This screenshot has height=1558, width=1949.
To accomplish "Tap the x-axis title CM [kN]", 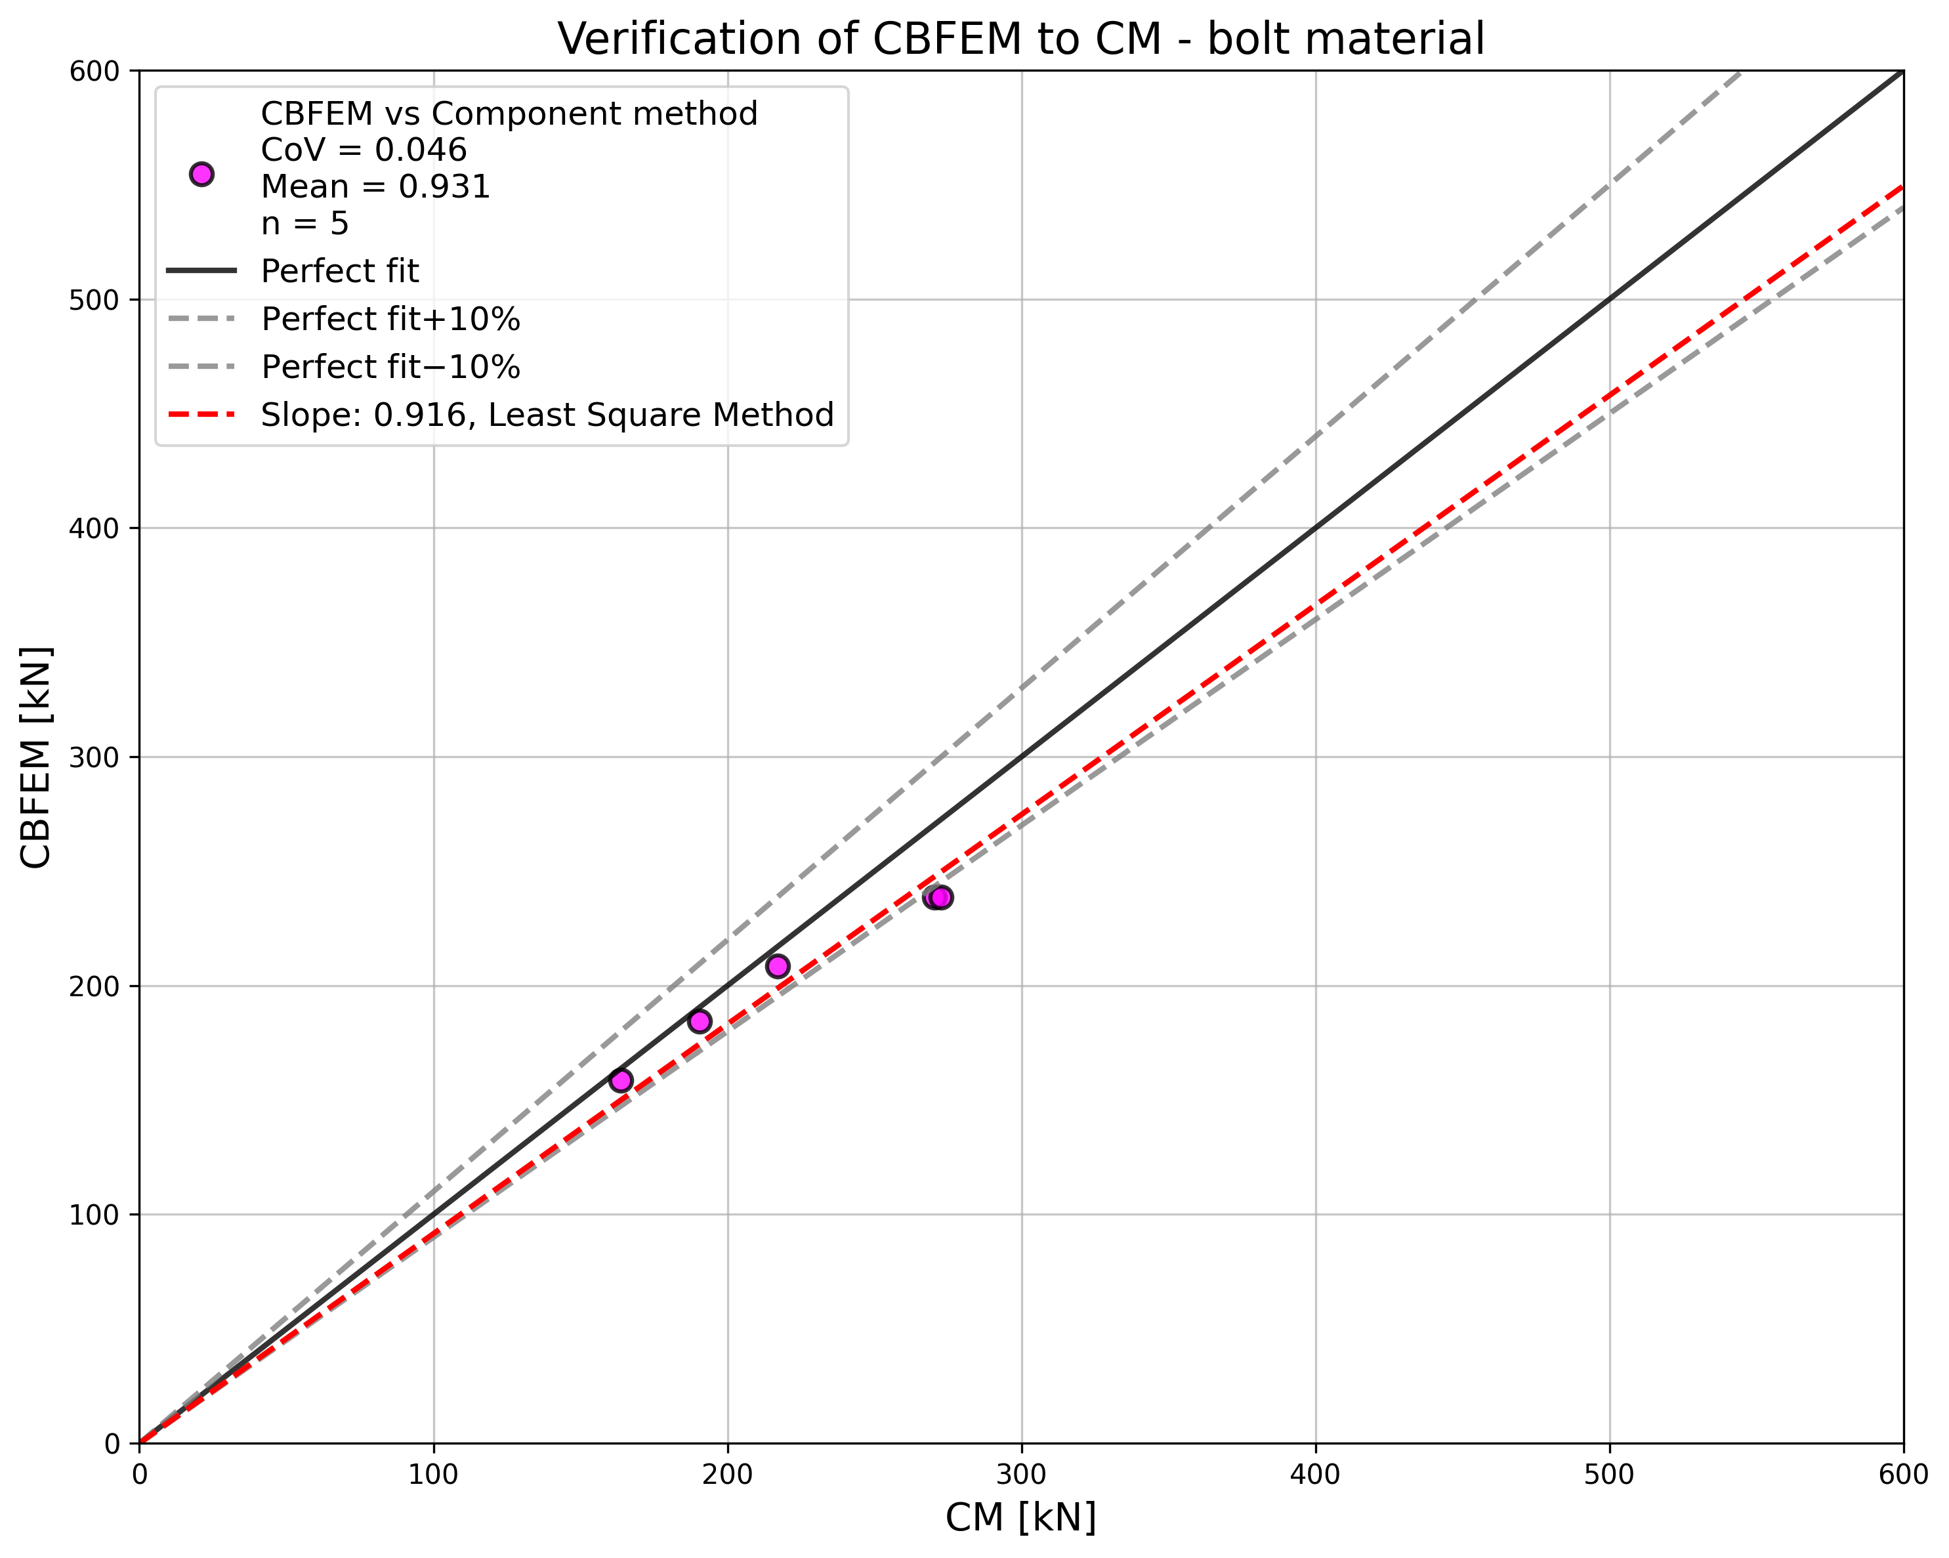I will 1020,1517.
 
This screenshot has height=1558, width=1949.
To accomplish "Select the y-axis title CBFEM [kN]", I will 36,758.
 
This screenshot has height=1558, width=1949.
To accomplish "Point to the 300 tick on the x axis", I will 1022,1475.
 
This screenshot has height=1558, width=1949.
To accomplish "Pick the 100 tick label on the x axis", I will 433,1475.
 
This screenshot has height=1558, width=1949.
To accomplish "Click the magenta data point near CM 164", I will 621,1081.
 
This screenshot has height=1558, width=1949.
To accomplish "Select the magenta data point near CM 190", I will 700,1022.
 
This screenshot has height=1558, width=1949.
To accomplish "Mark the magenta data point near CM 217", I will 778,967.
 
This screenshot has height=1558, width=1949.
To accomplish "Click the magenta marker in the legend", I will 201,175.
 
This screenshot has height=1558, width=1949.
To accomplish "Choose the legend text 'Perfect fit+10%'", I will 390,319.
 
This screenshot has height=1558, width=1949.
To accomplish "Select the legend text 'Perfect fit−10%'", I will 390,367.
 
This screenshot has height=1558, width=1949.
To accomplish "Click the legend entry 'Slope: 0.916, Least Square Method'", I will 547,415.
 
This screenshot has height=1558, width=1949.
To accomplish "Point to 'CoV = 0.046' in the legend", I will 364,150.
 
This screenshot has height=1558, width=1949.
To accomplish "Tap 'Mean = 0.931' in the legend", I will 375,186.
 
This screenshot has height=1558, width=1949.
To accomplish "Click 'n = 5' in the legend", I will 304,223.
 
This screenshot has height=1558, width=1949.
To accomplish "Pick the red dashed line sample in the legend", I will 201,415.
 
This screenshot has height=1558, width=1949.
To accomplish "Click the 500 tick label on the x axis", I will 1609,1475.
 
